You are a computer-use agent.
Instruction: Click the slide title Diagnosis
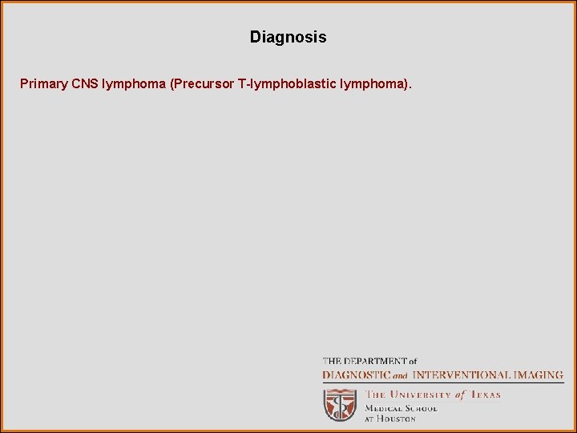pyautogui.click(x=288, y=37)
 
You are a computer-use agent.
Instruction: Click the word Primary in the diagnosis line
pyautogui.click(x=43, y=83)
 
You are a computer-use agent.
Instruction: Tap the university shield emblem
pyautogui.click(x=340, y=405)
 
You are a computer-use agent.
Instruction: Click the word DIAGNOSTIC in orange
pyautogui.click(x=357, y=374)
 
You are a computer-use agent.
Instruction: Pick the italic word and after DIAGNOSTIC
pyautogui.click(x=400, y=375)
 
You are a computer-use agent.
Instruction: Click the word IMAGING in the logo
pyautogui.click(x=538, y=374)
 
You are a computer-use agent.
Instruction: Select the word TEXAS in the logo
pyautogui.click(x=484, y=395)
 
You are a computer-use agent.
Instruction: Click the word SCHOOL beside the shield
pyautogui.click(x=422, y=407)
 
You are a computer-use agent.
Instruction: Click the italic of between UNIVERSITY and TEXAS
pyautogui.click(x=459, y=395)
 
